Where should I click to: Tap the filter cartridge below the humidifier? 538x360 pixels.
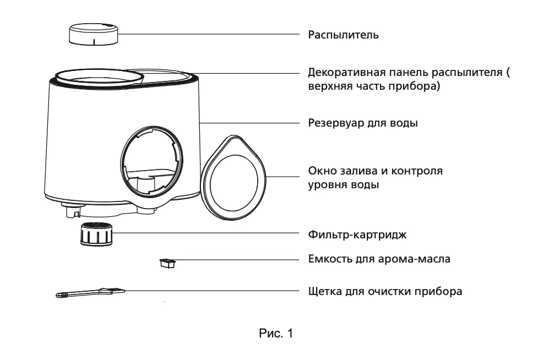pyautogui.click(x=97, y=234)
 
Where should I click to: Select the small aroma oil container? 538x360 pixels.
pyautogui.click(x=167, y=263)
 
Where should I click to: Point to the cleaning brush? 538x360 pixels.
pyautogui.click(x=90, y=293)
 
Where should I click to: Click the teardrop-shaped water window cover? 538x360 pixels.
pyautogui.click(x=233, y=177)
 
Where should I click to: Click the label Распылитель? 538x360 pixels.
pyautogui.click(x=343, y=35)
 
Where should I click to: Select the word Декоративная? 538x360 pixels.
pyautogui.click(x=347, y=72)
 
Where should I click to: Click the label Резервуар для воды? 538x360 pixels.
pyautogui.click(x=363, y=123)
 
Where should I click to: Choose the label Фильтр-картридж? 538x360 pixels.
pyautogui.click(x=357, y=235)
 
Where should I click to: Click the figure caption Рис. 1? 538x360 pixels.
pyautogui.click(x=276, y=333)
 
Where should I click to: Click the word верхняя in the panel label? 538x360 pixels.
pyautogui.click(x=329, y=86)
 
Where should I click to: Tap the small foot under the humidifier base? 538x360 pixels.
pyautogui.click(x=71, y=210)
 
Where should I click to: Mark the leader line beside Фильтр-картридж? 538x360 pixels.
pyautogui.click(x=206, y=233)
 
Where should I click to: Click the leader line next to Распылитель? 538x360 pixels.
pyautogui.click(x=209, y=34)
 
